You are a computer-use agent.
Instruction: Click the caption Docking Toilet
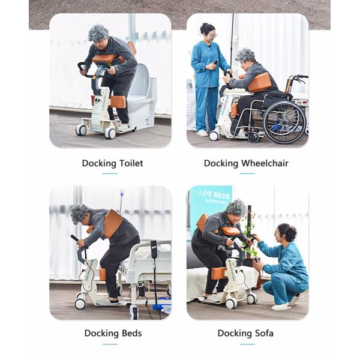click(112, 163)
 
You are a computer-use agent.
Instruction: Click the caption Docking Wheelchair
click(246, 163)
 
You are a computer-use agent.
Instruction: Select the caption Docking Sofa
click(245, 333)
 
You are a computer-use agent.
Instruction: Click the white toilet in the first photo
click(142, 96)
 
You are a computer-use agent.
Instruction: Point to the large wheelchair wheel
click(284, 122)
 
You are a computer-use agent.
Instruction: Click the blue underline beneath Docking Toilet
click(110, 173)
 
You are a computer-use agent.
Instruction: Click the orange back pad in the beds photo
click(112, 223)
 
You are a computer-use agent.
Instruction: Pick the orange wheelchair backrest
click(259, 82)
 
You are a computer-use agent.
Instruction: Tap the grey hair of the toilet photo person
click(99, 33)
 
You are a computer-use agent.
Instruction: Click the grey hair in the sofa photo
click(236, 208)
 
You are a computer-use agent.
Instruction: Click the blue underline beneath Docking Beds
click(110, 344)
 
